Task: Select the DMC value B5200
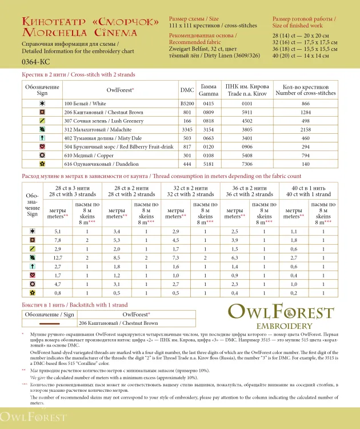[x=187, y=104]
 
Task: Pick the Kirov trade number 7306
[x=247, y=164]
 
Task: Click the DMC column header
[x=187, y=90]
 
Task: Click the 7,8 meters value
[x=58, y=240]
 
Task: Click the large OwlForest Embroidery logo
[x=281, y=318]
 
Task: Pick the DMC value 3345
[x=187, y=130]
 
